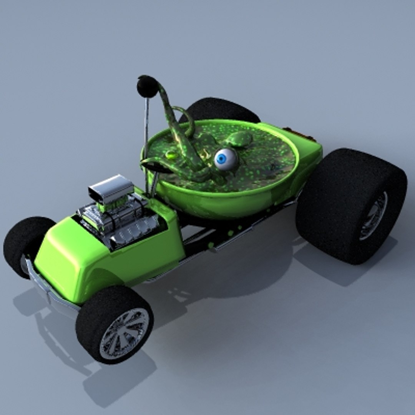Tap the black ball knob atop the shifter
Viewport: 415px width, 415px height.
148,86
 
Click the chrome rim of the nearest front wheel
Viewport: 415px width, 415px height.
124,333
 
